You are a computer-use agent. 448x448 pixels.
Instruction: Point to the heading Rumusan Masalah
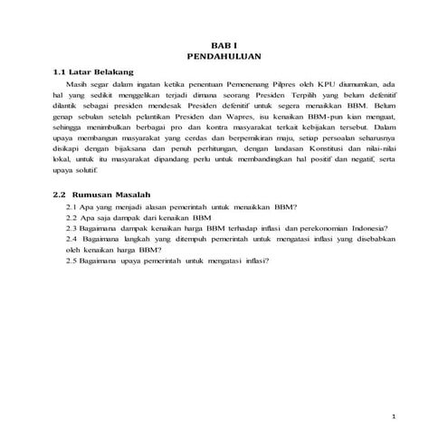tap(109, 195)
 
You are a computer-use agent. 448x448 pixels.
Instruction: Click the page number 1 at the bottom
tap(394, 416)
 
